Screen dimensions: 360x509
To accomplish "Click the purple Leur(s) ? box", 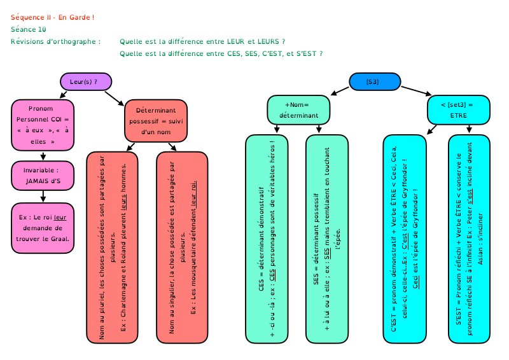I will point(86,81).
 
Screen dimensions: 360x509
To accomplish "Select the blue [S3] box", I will point(375,81).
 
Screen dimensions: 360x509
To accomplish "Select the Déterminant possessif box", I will point(157,120).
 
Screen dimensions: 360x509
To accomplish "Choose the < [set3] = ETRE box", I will point(458,110).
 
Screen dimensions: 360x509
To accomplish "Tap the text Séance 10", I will point(29,29).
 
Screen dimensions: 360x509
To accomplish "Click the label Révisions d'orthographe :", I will point(56,42).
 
